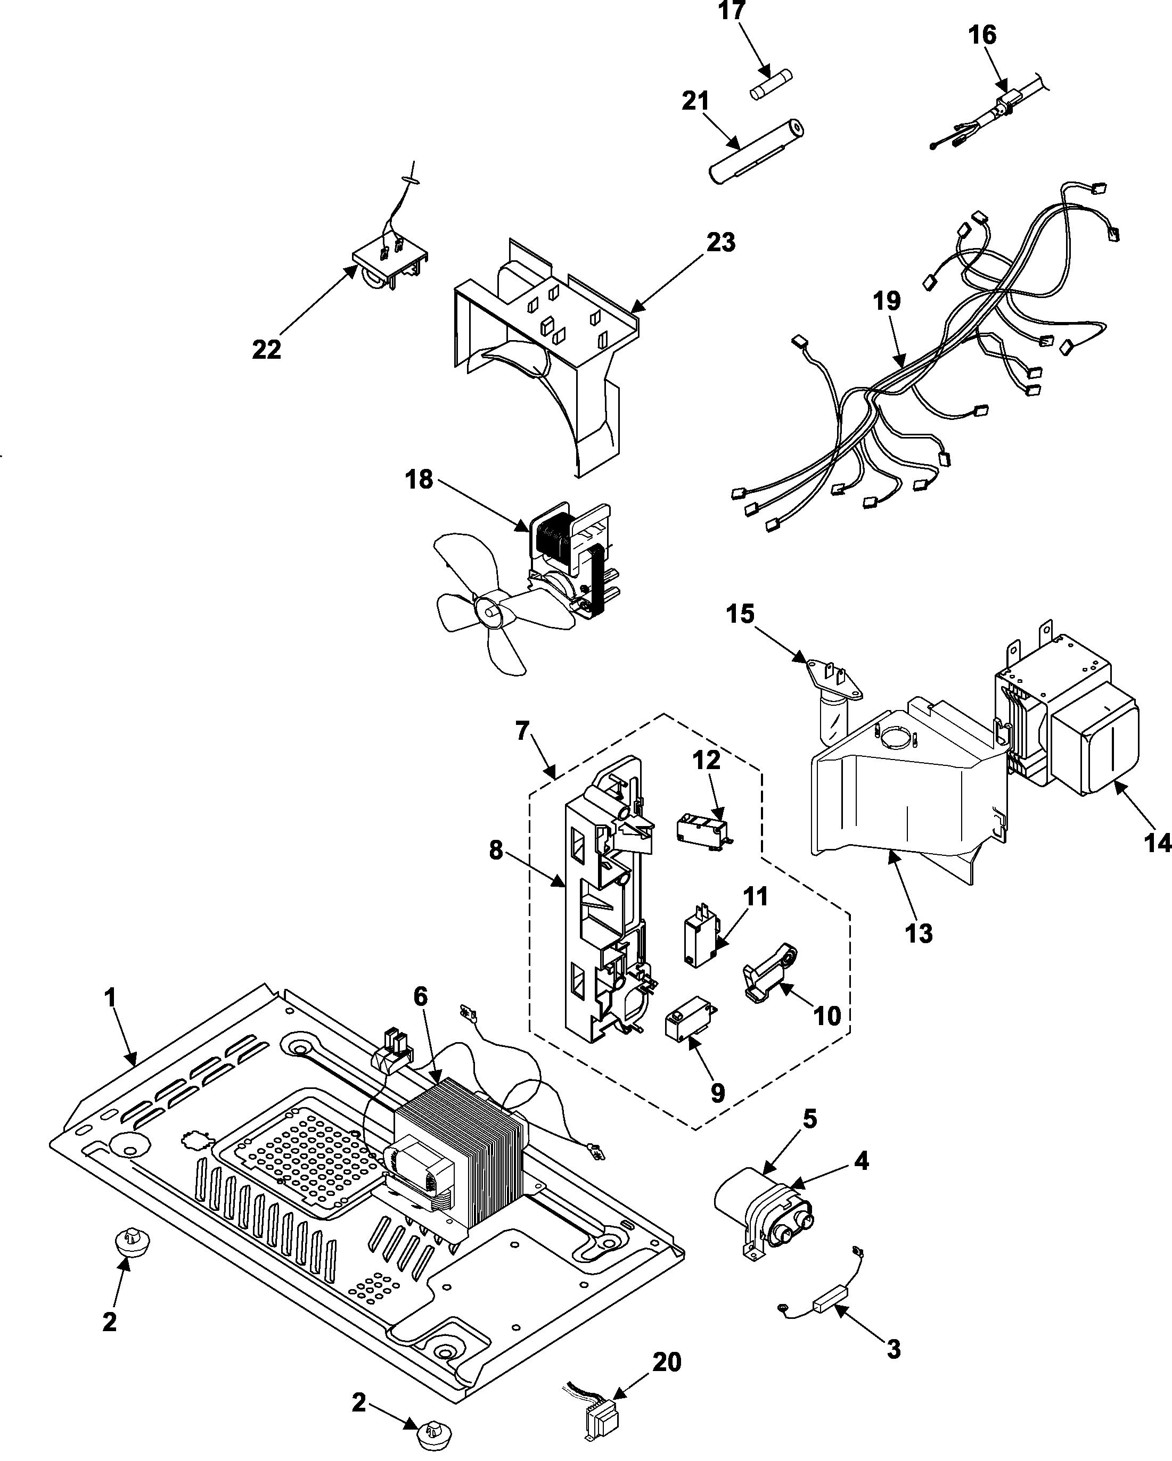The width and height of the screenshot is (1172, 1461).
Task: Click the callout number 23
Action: [x=720, y=242]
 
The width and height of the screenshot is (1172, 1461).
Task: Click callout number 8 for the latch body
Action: [x=496, y=851]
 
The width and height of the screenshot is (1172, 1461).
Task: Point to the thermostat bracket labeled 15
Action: [x=834, y=678]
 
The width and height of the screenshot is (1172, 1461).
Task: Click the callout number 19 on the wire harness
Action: [x=887, y=301]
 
